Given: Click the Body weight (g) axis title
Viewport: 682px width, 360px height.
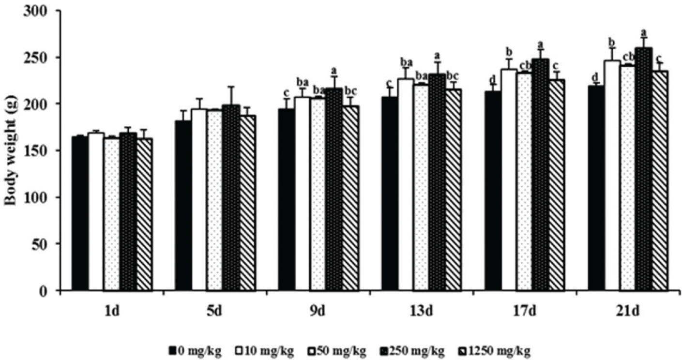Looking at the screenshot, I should (x=11, y=150).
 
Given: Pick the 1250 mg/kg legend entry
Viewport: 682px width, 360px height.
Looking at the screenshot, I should (x=496, y=350).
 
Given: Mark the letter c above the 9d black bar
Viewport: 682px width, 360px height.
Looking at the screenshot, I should (x=287, y=92).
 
